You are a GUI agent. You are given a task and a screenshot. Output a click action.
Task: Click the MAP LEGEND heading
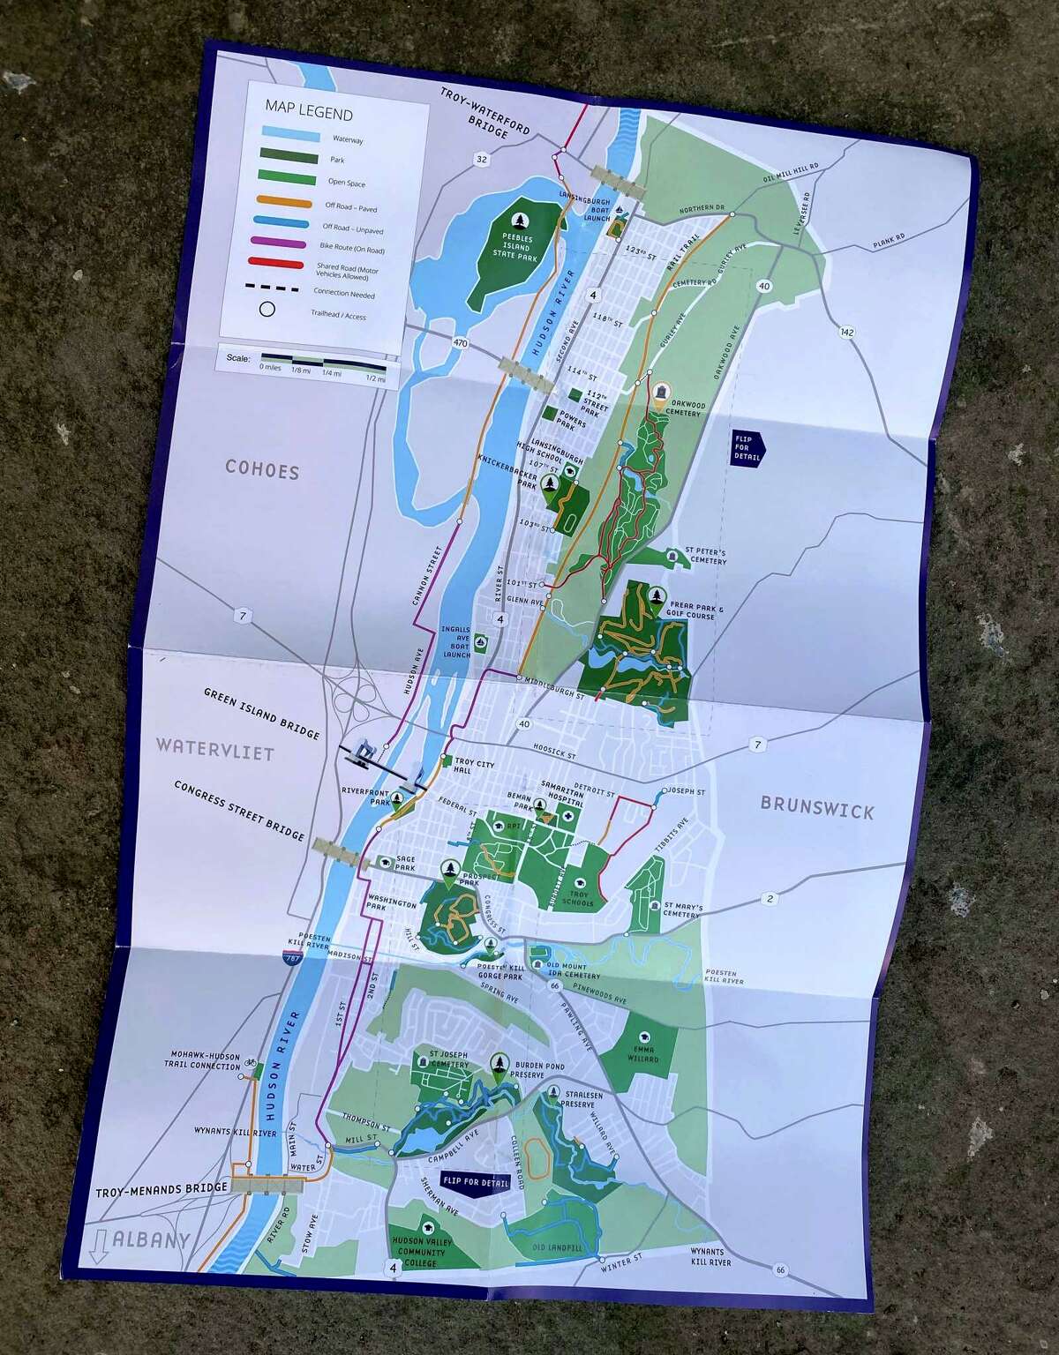pos(309,114)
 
